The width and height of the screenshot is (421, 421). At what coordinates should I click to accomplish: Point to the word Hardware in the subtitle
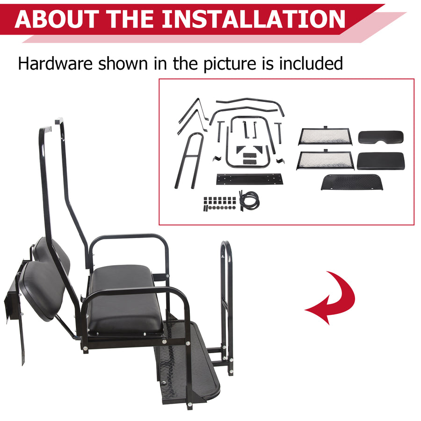point(54,63)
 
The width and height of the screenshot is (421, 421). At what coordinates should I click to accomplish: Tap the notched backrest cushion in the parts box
point(381,138)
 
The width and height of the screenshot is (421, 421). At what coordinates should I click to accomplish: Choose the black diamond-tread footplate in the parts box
point(350,181)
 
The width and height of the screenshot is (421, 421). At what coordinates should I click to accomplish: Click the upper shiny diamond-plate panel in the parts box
point(326,136)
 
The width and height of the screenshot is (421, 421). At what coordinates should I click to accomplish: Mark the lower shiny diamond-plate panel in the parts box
point(325,160)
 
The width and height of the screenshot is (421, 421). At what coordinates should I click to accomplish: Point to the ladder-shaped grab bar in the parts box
point(189,159)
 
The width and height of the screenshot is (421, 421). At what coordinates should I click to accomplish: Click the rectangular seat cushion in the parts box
point(380,161)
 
